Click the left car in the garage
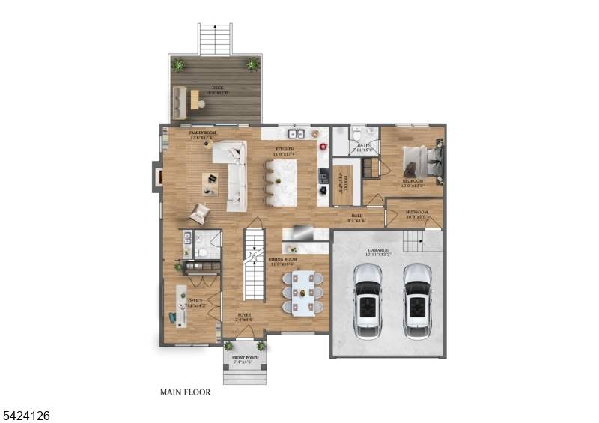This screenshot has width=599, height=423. (368, 299)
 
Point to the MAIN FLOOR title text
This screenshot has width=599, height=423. (186, 392)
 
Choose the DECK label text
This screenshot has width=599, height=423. (218, 88)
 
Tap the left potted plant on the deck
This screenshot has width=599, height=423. (178, 65)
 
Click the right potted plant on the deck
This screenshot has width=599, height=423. (253, 65)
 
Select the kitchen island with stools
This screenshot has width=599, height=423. (284, 183)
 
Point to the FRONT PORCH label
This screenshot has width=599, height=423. (245, 359)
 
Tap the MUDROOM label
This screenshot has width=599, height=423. (416, 213)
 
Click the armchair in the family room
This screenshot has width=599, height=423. (199, 213)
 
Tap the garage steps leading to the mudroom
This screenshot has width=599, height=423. (413, 242)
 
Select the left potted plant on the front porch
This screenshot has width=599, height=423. (228, 346)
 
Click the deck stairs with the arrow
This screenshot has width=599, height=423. (216, 39)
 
